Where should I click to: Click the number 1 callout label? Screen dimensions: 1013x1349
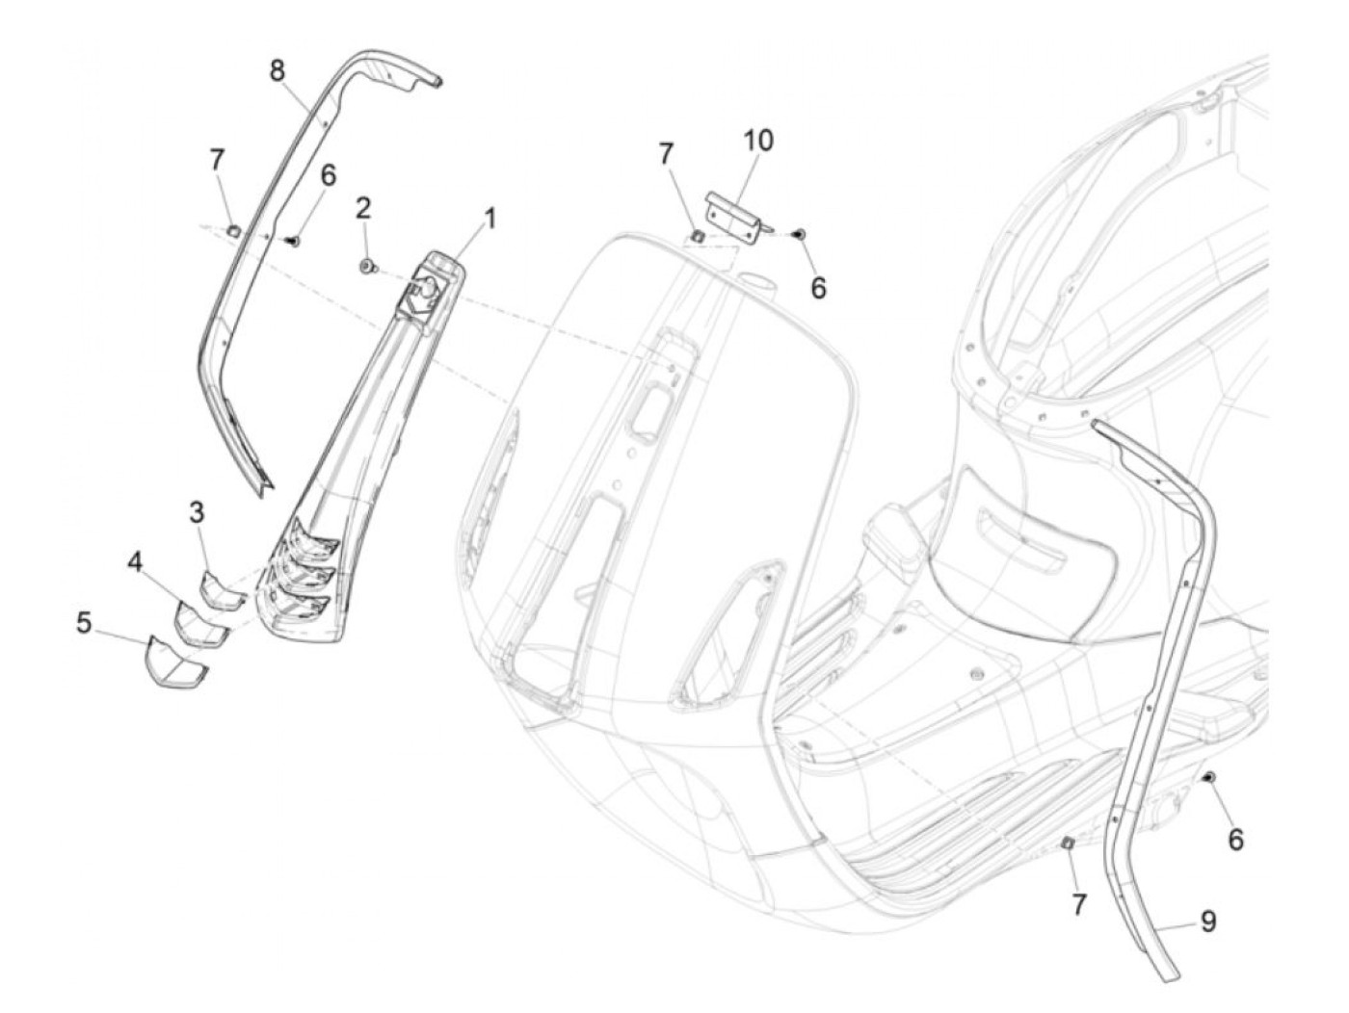[489, 220]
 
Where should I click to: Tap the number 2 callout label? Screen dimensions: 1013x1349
[363, 207]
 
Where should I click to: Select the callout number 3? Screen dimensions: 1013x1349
[197, 512]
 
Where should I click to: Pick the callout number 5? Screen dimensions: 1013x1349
[85, 623]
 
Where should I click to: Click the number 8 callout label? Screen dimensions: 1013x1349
[278, 71]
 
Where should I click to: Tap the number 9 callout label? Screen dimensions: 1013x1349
[1207, 922]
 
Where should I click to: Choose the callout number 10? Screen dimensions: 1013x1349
[758, 141]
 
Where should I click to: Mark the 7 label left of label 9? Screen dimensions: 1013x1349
[1078, 904]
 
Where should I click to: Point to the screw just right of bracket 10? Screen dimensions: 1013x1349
[798, 233]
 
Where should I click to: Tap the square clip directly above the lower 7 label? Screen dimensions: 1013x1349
[1068, 844]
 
